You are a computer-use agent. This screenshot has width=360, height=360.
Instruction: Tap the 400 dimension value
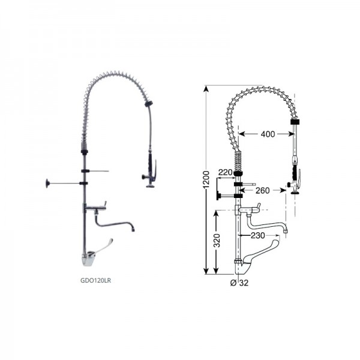268,134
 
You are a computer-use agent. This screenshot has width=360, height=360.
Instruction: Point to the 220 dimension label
225,172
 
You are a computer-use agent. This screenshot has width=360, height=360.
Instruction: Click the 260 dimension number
262,191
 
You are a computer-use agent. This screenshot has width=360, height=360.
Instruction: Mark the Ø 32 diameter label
239,283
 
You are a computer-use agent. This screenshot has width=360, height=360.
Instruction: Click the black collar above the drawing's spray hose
294,122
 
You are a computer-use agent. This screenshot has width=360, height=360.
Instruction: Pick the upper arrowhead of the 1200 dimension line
205,89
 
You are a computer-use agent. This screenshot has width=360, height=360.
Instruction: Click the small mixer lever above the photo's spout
102,205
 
